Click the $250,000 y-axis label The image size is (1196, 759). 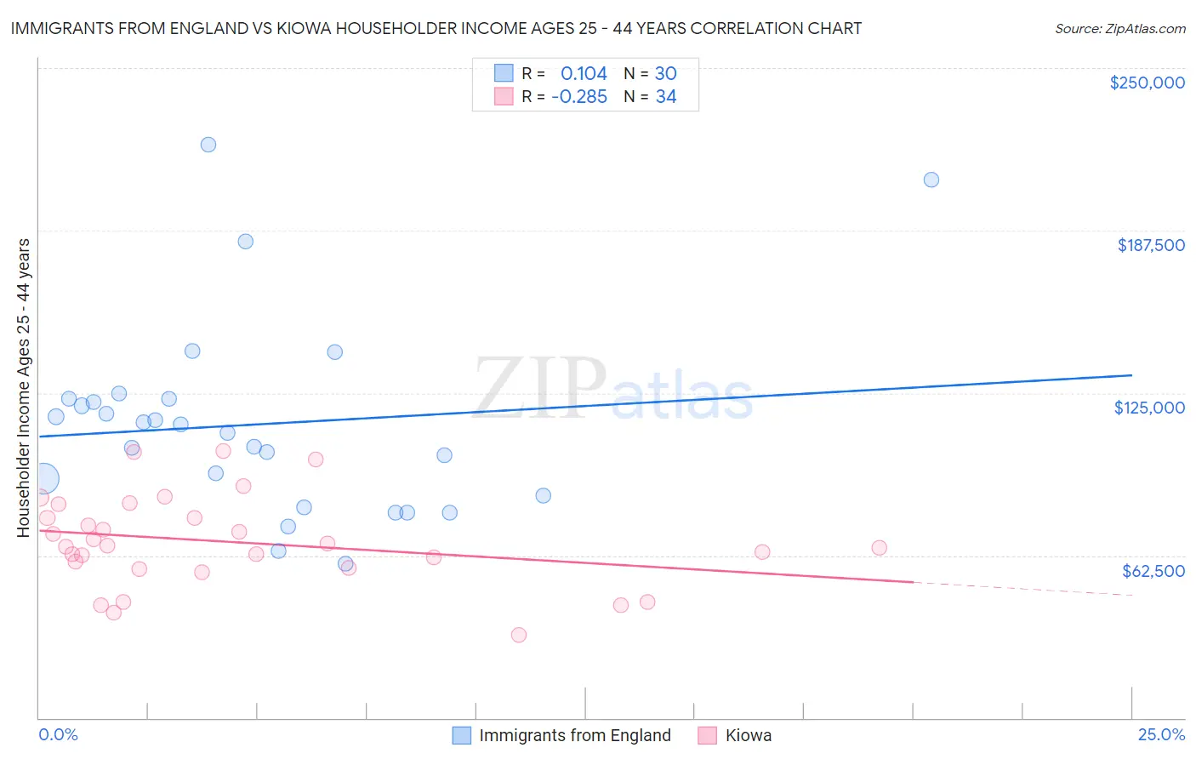coord(1147,83)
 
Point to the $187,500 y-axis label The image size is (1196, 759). coord(1150,245)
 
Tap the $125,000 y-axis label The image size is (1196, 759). coord(1149,408)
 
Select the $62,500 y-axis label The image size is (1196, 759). coord(1153,571)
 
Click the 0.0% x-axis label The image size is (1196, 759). coord(58,734)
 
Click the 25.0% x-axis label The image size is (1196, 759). coord(1161,734)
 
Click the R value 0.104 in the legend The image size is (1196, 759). coord(584,74)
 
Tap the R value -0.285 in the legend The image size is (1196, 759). coord(579,97)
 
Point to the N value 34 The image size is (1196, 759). coord(666,97)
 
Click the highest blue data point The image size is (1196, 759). coord(208,145)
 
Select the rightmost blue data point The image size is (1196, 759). coord(931,180)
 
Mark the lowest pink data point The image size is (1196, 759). coord(519,635)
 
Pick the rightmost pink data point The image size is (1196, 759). coord(880,548)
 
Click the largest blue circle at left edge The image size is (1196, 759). coord(43,479)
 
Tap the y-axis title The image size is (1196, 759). coord(23,388)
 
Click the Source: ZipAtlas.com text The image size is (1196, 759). coord(1119,29)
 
